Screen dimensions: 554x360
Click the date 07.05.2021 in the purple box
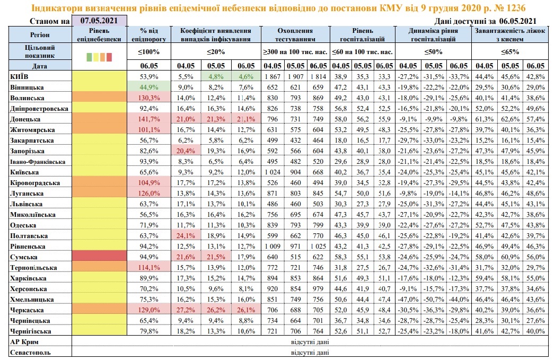coord(99,21)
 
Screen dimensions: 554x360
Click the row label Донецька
coord(25,119)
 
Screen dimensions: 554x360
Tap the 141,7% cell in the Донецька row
coord(149,119)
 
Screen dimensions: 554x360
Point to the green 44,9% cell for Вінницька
coord(149,87)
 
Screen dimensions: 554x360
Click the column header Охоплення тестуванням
coord(295,35)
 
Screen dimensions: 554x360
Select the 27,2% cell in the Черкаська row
coord(186,310)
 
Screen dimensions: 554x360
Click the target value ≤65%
coord(510,52)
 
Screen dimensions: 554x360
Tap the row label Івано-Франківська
coord(38,162)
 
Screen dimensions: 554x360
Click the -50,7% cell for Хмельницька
coord(434,299)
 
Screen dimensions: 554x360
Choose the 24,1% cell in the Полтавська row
coord(186,235)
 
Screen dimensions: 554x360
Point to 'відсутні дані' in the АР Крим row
coord(310,341)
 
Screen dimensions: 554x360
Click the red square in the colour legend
coord(109,57)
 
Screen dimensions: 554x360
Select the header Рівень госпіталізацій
coord(363,35)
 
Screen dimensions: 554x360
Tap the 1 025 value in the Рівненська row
coord(318,246)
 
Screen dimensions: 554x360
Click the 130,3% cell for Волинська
coord(149,98)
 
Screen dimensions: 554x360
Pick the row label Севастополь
coord(30,353)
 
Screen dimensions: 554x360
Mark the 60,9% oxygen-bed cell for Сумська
coord(510,257)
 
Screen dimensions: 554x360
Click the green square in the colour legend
coord(90,57)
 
